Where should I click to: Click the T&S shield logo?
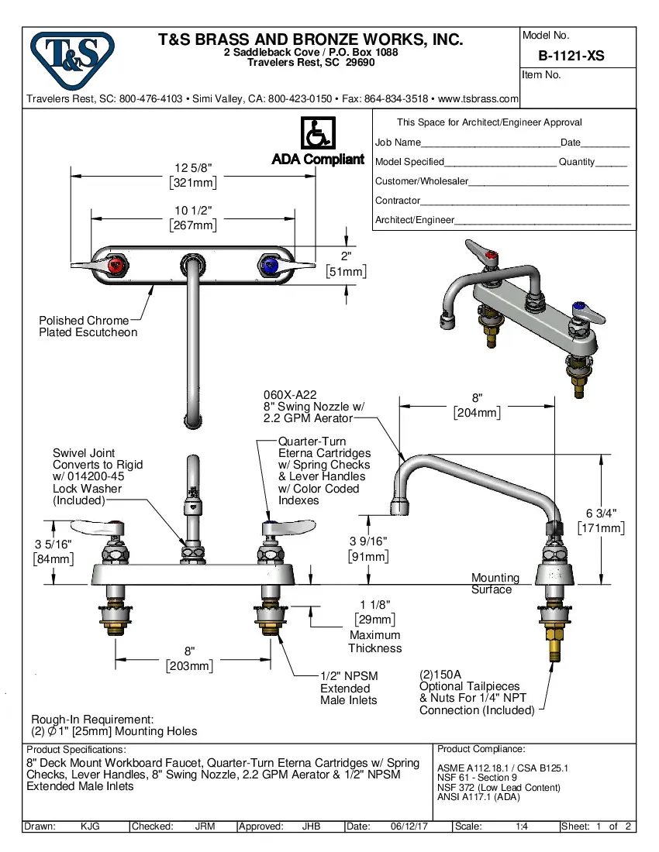tap(71, 60)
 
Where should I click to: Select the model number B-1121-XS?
tap(571, 56)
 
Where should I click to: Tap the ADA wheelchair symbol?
tap(317, 133)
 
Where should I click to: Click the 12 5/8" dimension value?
tap(193, 169)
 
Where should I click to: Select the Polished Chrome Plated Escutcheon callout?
tap(88, 326)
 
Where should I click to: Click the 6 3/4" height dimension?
tap(602, 514)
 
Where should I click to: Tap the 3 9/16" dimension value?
tap(368, 541)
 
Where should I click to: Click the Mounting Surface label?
tap(495, 583)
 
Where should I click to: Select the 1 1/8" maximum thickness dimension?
tap(375, 604)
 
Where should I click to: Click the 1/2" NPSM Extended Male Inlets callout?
tap(349, 688)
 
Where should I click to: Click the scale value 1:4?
tap(522, 826)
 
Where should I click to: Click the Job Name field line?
tap(490, 143)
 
